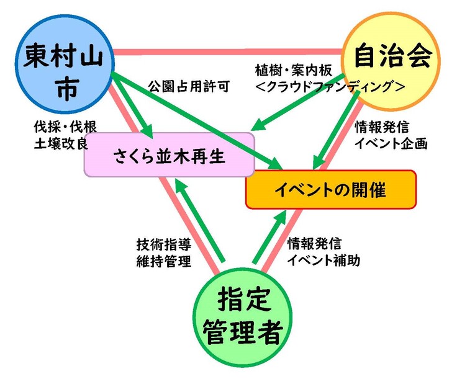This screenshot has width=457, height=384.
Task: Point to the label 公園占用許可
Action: click(188, 87)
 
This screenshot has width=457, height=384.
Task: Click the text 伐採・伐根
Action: click(65, 127)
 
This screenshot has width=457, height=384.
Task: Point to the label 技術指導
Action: click(163, 243)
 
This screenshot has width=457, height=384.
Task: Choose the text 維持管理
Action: click(163, 261)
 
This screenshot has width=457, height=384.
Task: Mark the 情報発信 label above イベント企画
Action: click(381, 127)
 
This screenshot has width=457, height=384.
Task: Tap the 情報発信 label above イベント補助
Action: click(314, 244)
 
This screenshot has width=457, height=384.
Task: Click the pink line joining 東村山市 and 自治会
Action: click(230, 52)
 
